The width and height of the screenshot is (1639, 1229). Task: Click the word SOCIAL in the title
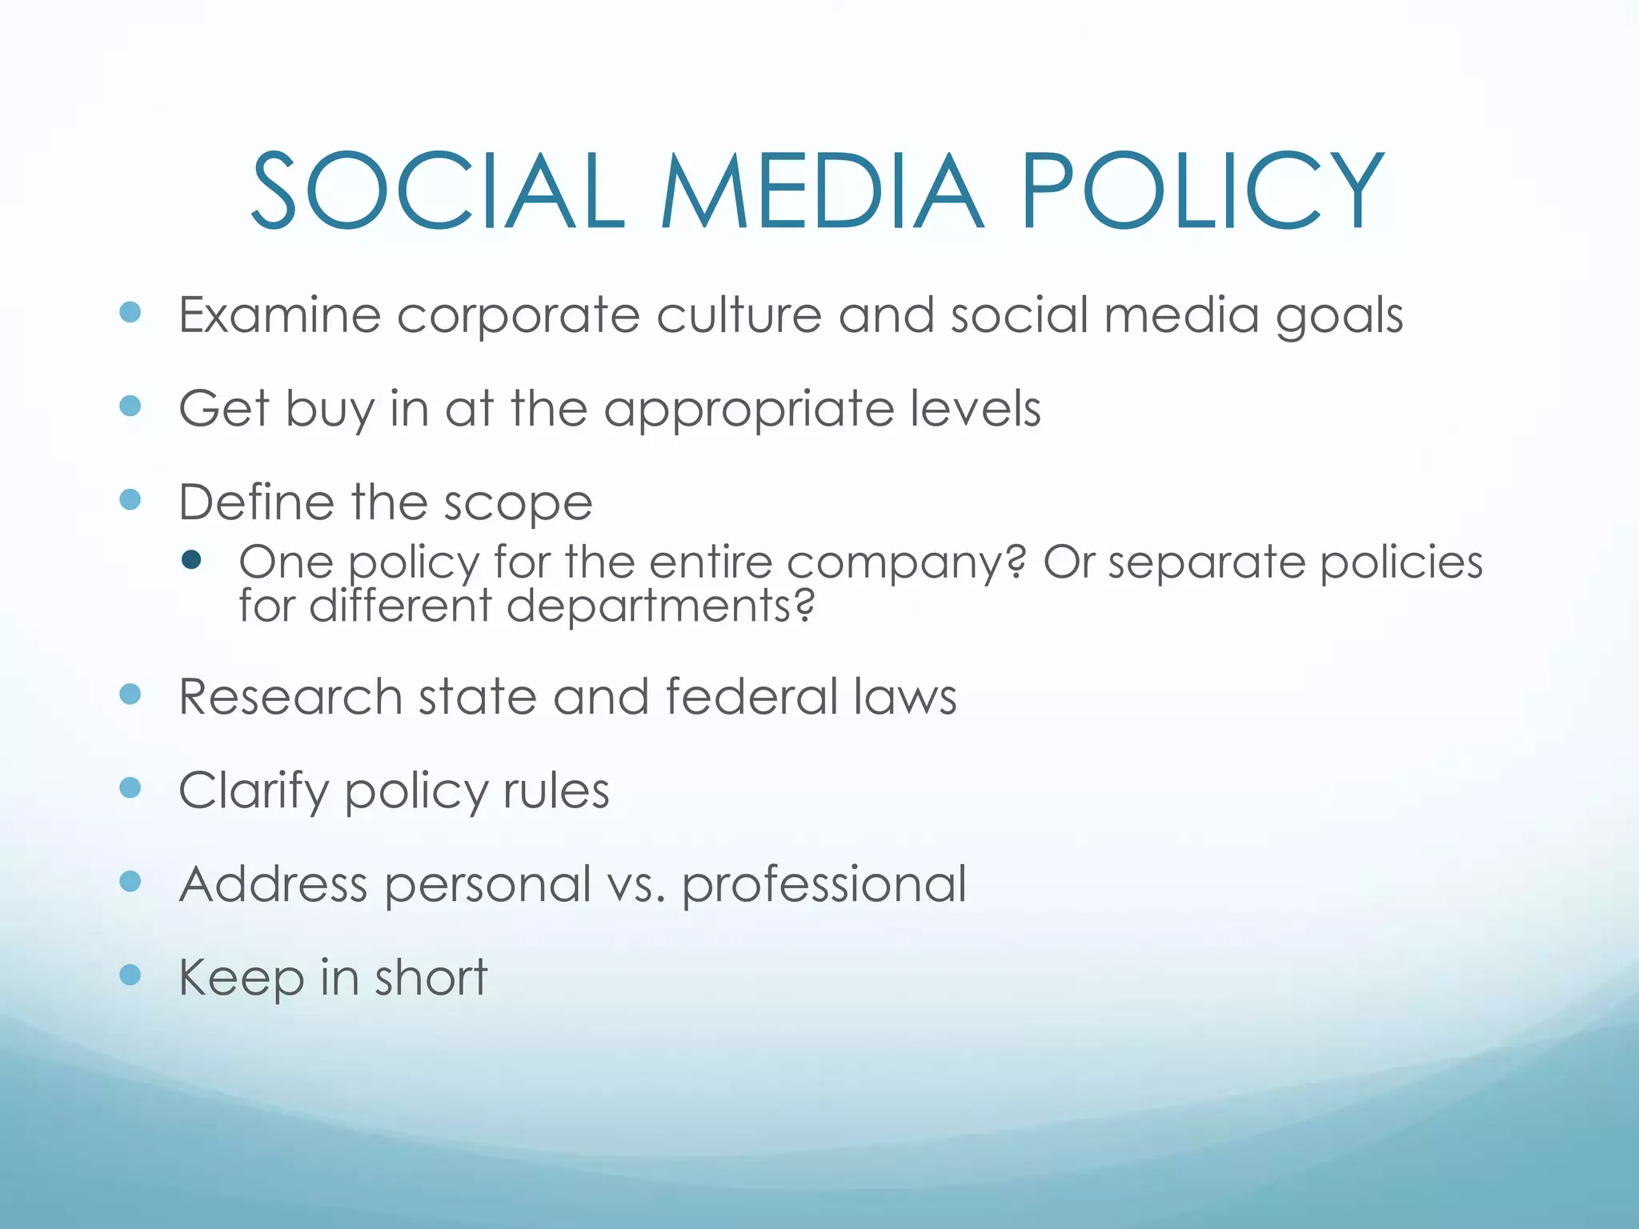437,192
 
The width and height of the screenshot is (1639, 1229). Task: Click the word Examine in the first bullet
279,314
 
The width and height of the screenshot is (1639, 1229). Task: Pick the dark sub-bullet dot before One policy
191,559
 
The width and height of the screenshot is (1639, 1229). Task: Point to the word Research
291,696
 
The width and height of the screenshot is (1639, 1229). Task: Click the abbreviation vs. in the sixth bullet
635,885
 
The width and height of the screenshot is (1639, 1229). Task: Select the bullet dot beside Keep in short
130,975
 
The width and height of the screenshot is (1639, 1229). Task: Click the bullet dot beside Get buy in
130,406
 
